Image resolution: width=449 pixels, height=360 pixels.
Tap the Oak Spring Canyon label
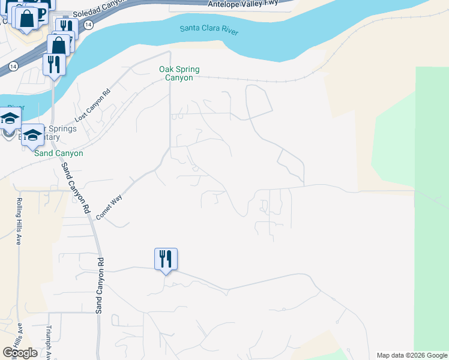point(179,74)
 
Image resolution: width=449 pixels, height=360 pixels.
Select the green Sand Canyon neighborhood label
point(58,154)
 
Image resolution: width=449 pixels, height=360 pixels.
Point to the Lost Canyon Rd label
point(93,106)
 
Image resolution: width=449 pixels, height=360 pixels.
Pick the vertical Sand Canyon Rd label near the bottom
point(101,286)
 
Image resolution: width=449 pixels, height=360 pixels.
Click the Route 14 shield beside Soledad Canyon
point(88,25)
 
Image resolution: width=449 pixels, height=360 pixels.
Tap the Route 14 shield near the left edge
point(13,65)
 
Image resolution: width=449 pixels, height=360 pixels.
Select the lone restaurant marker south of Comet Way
point(166,259)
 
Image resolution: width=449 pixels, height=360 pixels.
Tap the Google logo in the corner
point(20,353)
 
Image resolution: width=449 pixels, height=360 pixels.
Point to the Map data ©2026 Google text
point(411,355)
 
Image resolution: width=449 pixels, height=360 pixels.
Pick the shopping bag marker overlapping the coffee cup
point(26,18)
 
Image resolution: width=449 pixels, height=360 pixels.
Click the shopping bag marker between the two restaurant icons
point(59,44)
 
